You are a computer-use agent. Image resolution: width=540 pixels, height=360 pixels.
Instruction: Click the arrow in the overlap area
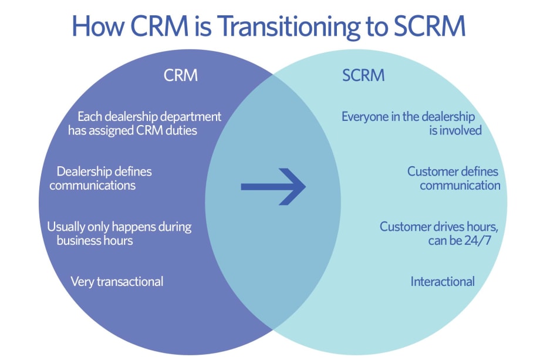pos(273,187)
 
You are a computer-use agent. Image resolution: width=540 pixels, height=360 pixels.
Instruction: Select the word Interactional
pos(443,281)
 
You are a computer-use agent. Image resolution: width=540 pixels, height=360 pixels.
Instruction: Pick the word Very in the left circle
pos(82,281)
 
